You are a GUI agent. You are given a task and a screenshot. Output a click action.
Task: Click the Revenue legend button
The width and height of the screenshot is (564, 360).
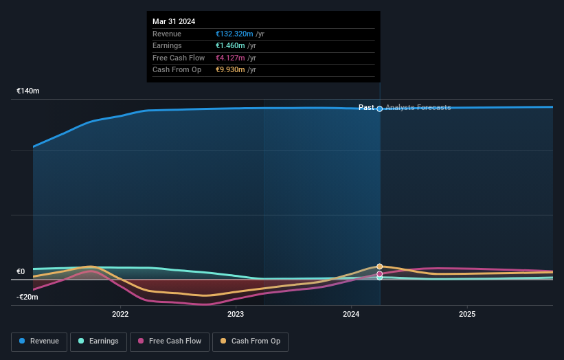point(39,341)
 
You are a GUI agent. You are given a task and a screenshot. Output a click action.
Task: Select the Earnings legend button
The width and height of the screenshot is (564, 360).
point(98,341)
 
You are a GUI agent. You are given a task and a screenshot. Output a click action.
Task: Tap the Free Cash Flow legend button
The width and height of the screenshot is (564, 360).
point(170,341)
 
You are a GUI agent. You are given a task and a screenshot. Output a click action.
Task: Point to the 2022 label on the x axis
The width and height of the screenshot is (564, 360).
point(120,315)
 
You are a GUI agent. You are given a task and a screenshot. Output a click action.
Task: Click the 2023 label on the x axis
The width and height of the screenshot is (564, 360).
point(236,315)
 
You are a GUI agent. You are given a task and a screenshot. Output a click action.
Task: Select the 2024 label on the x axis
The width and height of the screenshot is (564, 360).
point(351,315)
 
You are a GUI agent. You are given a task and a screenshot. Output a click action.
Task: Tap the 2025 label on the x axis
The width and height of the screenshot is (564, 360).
point(467,315)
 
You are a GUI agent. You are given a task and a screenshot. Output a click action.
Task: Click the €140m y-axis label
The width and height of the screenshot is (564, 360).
point(28,91)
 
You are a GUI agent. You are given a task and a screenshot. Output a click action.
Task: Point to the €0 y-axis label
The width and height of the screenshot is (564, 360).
point(21,271)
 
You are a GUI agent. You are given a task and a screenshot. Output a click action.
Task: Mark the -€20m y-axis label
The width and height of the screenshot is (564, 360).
point(27,297)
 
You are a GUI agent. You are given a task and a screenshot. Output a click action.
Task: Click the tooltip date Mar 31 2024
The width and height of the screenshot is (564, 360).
point(174,21)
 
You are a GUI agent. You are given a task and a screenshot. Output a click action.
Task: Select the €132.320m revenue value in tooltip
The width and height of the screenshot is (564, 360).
point(234,34)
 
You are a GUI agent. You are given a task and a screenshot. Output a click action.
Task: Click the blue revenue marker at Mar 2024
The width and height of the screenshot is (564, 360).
point(379,109)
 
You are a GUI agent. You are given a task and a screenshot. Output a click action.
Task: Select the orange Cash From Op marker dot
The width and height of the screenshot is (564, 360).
point(379,266)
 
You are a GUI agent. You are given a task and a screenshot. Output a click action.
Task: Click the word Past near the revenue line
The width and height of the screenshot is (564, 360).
point(366,107)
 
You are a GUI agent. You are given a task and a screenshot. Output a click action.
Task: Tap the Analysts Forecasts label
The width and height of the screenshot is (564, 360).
point(418,107)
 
